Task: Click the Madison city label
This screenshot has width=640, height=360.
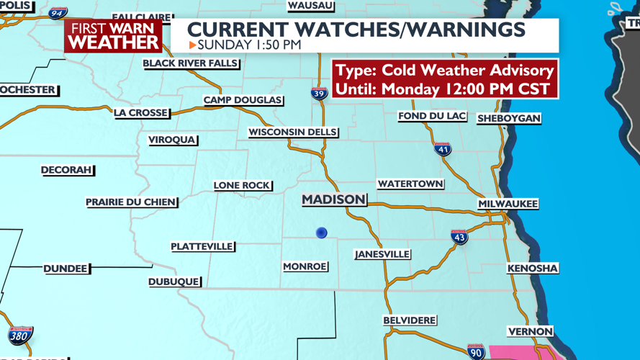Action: tap(333, 199)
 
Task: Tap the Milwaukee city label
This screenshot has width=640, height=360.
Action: tap(508, 204)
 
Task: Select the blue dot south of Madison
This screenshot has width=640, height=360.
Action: tap(322, 233)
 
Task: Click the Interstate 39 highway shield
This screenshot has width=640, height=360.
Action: tap(319, 92)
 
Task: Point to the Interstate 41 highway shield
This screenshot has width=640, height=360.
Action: tap(443, 149)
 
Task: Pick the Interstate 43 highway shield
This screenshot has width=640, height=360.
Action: tap(459, 237)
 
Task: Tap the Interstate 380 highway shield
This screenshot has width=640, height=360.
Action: tap(19, 335)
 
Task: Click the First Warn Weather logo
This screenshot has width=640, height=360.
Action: tap(113, 35)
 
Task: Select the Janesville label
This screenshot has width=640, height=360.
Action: tap(382, 254)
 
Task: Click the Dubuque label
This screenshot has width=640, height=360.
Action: tap(173, 282)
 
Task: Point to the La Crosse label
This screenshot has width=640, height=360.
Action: tap(141, 113)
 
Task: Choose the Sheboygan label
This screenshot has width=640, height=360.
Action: tap(508, 118)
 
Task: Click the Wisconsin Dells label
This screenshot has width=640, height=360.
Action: tap(292, 132)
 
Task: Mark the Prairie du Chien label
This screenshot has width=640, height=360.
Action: tap(130, 202)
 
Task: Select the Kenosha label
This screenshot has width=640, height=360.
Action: tap(532, 269)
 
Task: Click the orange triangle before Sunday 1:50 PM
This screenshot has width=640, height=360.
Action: tap(192, 45)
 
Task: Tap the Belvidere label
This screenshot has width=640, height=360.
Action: tap(409, 320)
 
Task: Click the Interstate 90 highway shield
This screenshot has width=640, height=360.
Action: tap(475, 351)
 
